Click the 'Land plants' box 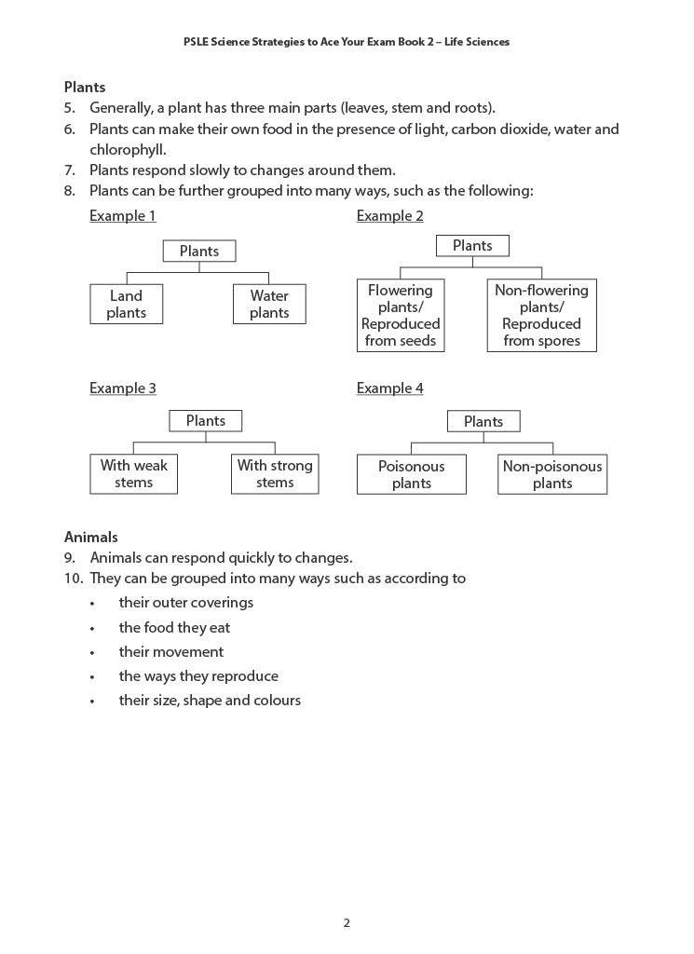click(x=126, y=305)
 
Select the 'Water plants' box click(x=269, y=305)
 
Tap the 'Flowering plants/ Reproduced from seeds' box click(x=401, y=316)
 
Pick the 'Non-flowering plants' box click(x=541, y=316)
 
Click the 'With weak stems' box click(x=133, y=474)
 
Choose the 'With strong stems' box click(x=275, y=474)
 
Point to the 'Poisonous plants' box click(x=411, y=474)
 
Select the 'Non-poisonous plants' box click(x=551, y=474)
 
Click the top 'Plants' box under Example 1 click(x=199, y=251)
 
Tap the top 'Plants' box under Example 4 click(x=483, y=421)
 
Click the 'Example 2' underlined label click(x=389, y=216)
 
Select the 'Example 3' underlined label click(x=123, y=388)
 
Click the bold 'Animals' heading click(x=91, y=537)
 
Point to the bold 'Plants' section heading click(x=85, y=87)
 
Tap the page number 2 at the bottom click(x=347, y=923)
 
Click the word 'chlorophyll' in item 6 click(x=128, y=149)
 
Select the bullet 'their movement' click(x=171, y=651)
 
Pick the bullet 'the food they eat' click(x=174, y=627)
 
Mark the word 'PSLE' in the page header click(x=197, y=42)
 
